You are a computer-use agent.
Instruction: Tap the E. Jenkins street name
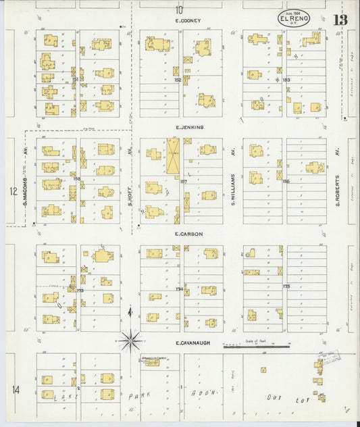(x=189, y=127)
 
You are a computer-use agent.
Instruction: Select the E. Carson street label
(x=188, y=234)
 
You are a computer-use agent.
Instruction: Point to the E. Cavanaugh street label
(x=195, y=343)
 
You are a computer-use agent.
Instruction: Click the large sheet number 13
(x=340, y=19)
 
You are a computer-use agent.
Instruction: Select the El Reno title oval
(x=294, y=18)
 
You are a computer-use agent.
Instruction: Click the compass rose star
(x=130, y=340)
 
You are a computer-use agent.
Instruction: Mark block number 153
(x=286, y=80)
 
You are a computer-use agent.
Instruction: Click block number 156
(x=285, y=181)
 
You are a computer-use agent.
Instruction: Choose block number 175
(x=286, y=286)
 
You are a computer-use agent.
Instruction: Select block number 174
(x=180, y=288)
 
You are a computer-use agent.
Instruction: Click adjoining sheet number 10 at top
(x=179, y=9)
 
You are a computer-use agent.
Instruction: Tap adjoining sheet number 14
(x=14, y=388)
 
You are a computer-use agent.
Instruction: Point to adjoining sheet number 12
(x=13, y=191)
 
